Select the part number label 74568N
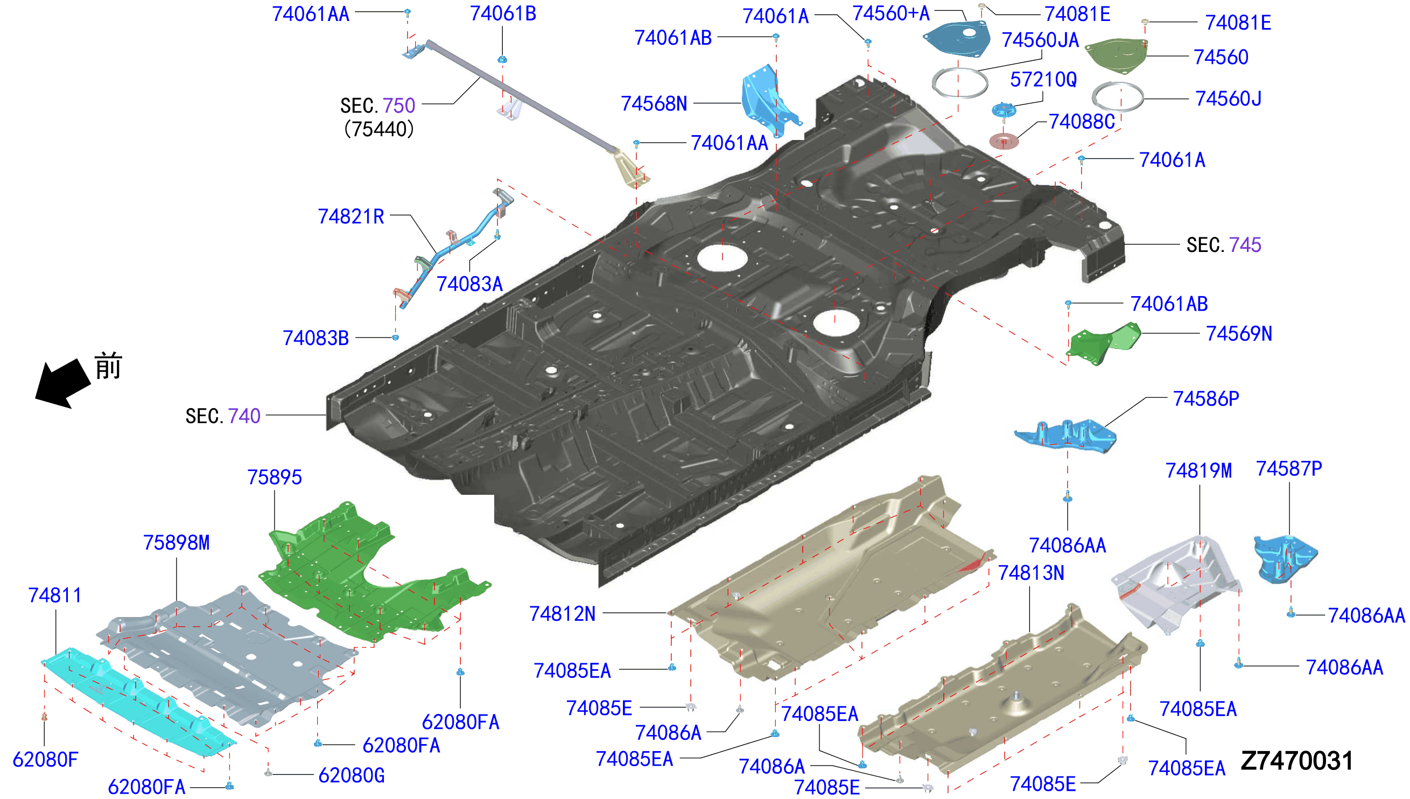654,103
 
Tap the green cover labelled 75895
368,573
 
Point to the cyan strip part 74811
137,704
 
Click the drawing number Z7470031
1296,761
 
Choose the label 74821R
351,217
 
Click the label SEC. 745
1224,245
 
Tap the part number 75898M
176,543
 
